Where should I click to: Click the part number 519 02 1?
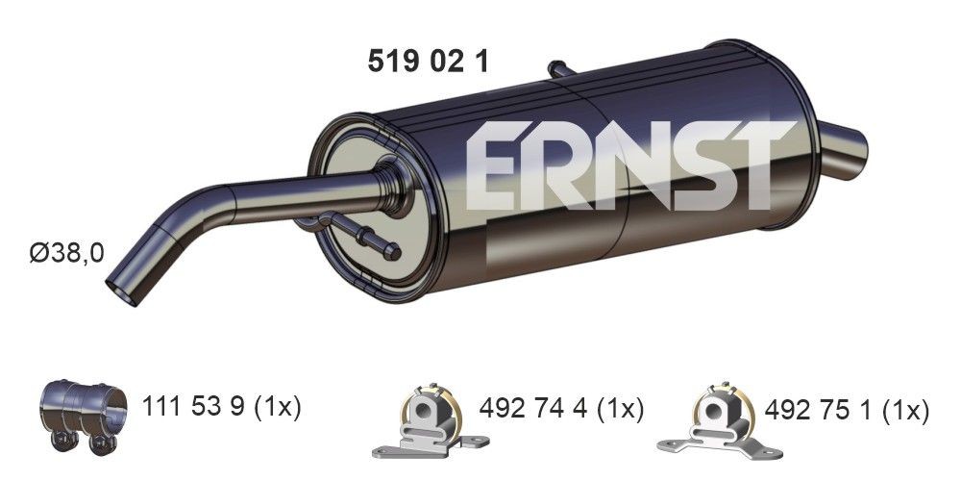[x=429, y=63]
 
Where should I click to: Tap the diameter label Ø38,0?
[x=66, y=254]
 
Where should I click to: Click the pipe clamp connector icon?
[x=84, y=413]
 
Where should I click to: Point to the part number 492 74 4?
[x=530, y=408]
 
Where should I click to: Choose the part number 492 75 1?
[x=816, y=411]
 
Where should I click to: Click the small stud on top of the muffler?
[x=559, y=68]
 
